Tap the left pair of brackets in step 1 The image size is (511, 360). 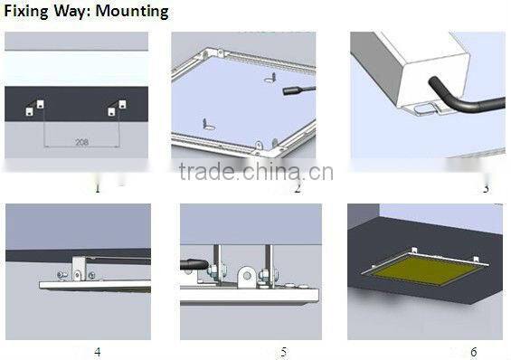(x=34, y=108)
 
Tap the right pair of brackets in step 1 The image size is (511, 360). (x=117, y=108)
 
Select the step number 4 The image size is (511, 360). (x=97, y=351)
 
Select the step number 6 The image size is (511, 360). (x=473, y=351)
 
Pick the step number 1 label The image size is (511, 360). (x=97, y=188)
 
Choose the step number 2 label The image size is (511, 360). (x=297, y=188)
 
